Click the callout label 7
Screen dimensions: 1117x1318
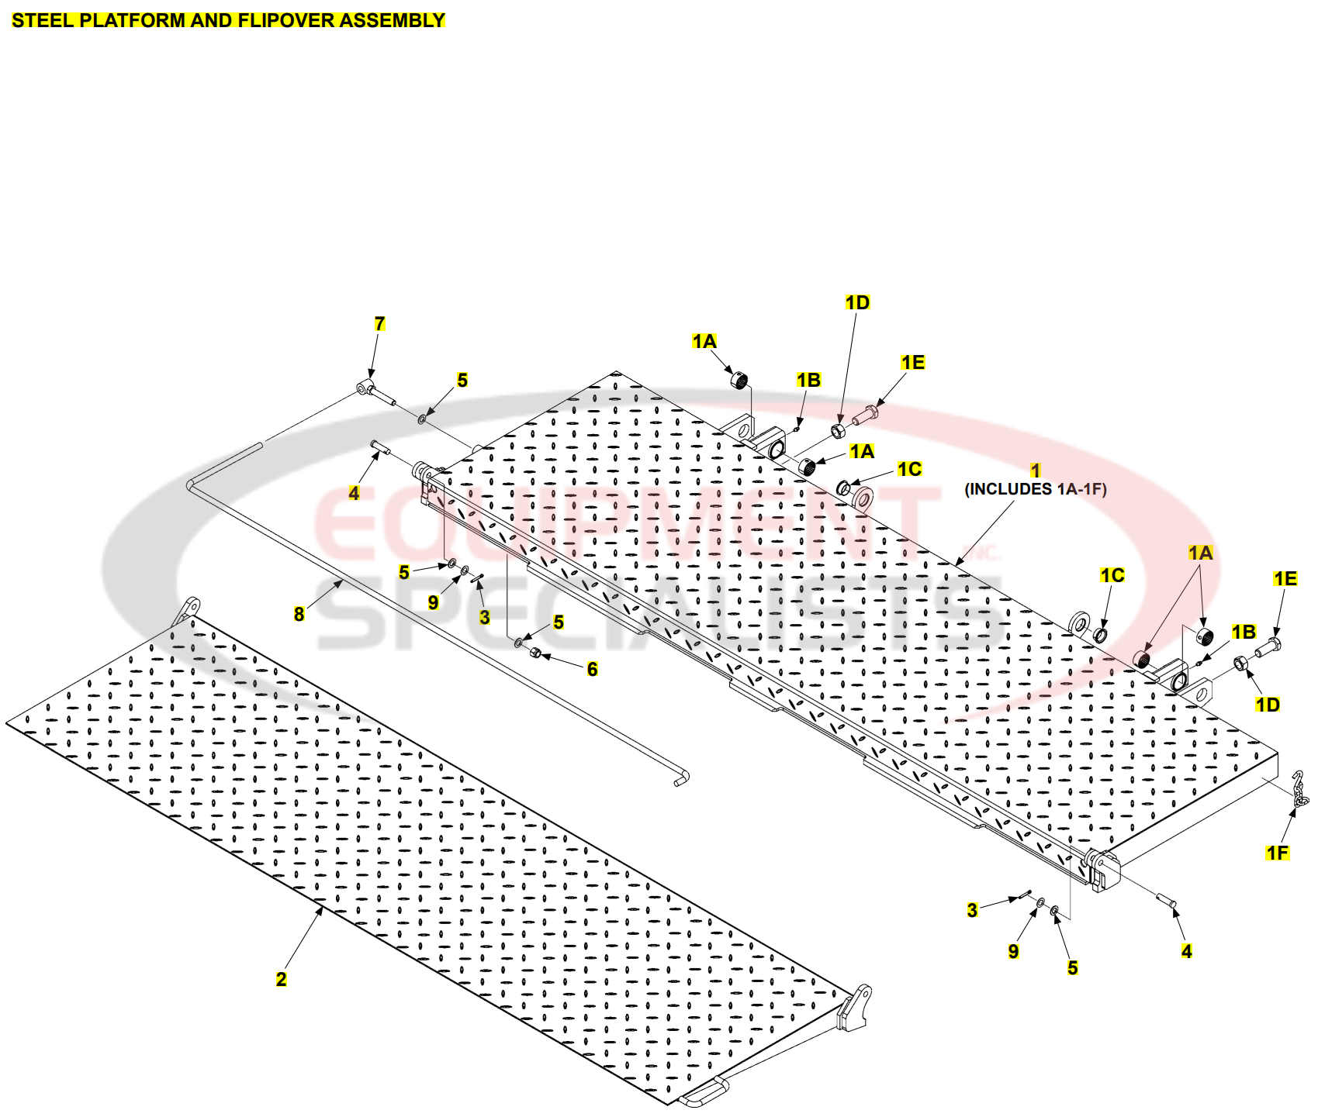pos(379,324)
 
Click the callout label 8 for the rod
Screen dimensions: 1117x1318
pos(299,614)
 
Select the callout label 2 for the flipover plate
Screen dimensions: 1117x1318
pos(281,979)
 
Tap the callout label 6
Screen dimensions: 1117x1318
pos(592,669)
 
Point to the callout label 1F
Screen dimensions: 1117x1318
pos(1277,853)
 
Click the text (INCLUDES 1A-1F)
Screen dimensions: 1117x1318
pos(1035,489)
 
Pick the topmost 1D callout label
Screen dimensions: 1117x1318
pos(857,303)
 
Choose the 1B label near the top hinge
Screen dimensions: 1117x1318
pos(808,380)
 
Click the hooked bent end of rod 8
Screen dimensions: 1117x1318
pos(682,778)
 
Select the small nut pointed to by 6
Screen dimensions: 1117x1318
pos(534,653)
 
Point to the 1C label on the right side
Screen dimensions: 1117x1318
pos(1112,575)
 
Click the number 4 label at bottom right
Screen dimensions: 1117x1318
pos(1186,951)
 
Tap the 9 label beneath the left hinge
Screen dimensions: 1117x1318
pos(433,602)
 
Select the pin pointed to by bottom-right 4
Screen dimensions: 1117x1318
pos(1167,901)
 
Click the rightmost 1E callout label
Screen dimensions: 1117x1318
pos(1285,579)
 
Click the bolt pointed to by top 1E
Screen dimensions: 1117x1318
pos(865,415)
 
